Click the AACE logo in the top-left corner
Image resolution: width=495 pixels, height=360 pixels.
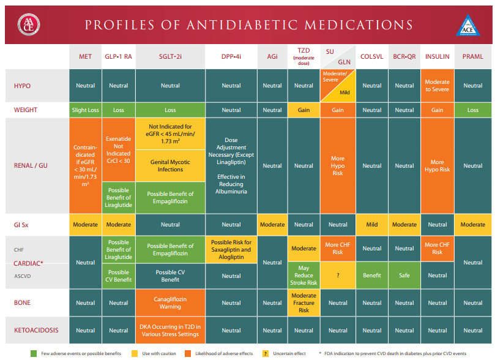point(29,24)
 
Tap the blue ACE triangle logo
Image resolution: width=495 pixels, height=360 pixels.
point(467,26)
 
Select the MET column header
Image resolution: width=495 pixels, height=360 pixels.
point(85,56)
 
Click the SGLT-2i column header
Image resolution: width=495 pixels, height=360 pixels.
point(170,56)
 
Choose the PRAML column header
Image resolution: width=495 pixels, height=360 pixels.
point(472,56)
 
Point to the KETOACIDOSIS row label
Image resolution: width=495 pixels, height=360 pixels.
point(36,330)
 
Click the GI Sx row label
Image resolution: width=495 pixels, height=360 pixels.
point(22,225)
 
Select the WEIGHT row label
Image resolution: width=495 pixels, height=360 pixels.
point(26,110)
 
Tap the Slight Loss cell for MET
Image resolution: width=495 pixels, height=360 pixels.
point(85,110)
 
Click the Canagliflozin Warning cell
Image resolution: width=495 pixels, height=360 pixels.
point(170,302)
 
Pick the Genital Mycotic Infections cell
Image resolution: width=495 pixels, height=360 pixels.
point(170,165)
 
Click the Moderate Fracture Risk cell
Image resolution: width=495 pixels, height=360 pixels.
point(303,302)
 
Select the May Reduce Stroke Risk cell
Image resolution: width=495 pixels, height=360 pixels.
point(303,275)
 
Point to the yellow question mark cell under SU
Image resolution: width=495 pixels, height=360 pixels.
point(338,276)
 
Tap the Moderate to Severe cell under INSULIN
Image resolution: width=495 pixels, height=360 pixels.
point(437,86)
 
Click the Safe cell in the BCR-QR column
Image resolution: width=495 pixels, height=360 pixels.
point(404,276)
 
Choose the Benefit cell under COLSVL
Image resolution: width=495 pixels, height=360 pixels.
point(371,276)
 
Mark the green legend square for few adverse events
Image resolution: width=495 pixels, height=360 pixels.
point(34,353)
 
